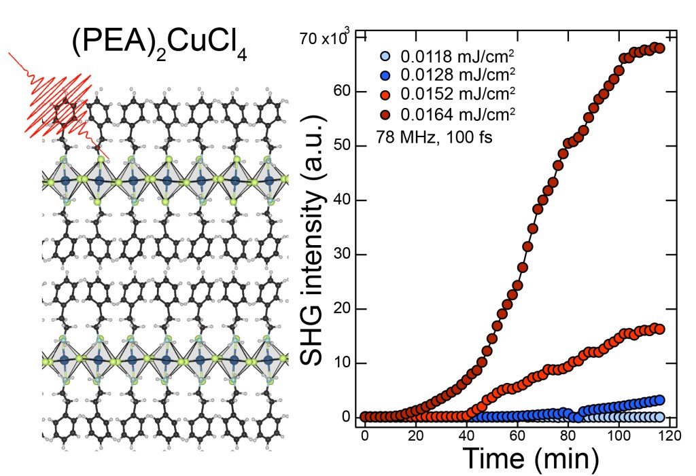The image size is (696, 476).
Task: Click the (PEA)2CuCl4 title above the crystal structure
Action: pos(160,45)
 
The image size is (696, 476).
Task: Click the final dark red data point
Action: pos(659,48)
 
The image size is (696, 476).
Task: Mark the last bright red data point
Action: pos(659,329)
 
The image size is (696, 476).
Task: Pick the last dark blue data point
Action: pos(659,400)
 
